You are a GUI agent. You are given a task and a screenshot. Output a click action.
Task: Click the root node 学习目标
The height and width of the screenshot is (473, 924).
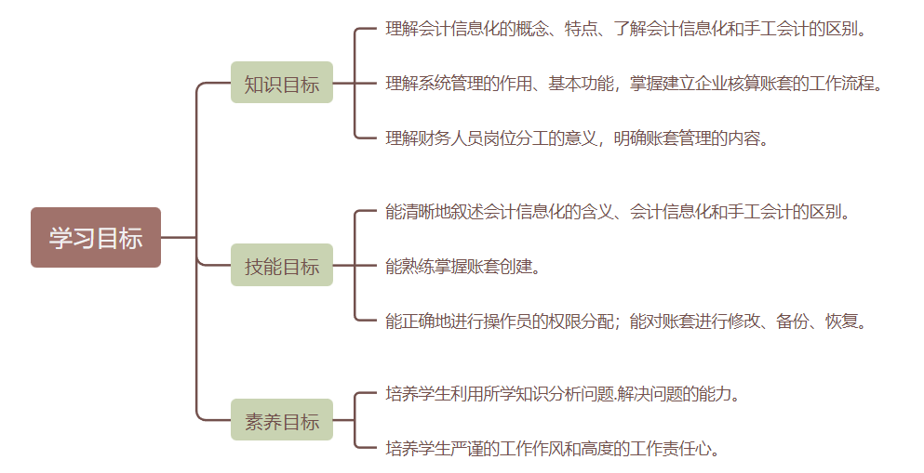(96, 238)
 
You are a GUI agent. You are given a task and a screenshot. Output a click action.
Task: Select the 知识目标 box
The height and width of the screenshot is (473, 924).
(282, 84)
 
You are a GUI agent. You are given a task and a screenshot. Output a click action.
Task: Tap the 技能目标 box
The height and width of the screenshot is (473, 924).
(282, 266)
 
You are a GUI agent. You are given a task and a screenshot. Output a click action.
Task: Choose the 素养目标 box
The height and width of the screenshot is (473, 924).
(282, 421)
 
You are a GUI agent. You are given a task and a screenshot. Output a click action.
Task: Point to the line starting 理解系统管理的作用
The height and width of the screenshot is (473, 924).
(633, 84)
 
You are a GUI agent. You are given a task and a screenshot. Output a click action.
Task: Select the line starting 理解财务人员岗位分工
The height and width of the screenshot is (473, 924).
(577, 139)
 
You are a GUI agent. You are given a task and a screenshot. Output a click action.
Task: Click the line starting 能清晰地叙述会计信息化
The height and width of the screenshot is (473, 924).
(618, 212)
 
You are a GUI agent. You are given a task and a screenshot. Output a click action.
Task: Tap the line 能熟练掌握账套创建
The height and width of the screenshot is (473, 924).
(462, 267)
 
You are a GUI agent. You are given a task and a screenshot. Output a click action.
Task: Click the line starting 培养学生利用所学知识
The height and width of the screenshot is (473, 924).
(563, 394)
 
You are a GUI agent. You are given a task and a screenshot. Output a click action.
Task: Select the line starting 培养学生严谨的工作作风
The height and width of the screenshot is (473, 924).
(553, 449)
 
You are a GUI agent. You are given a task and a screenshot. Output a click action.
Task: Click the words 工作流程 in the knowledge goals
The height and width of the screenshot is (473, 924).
(843, 84)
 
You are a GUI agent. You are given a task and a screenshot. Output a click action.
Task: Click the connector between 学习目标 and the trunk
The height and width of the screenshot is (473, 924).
(179, 238)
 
